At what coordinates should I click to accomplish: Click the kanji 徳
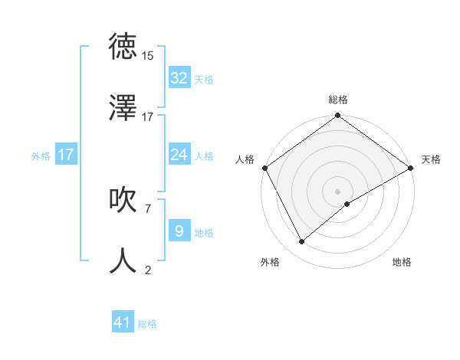(x=123, y=47)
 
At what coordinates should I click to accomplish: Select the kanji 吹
(x=123, y=200)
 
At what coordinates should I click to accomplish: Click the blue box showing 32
(x=179, y=78)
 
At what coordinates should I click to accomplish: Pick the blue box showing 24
(x=179, y=155)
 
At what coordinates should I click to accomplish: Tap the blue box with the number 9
(x=179, y=231)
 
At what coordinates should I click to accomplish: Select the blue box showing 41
(x=123, y=322)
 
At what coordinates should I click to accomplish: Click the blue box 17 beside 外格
(x=65, y=155)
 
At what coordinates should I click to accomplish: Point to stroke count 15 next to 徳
(x=148, y=56)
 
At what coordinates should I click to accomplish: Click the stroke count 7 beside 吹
(x=147, y=208)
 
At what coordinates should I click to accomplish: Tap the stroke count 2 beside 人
(x=147, y=269)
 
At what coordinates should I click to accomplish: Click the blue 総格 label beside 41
(x=147, y=324)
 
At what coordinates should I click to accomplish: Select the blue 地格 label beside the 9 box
(x=204, y=233)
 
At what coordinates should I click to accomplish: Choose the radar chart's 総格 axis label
(x=338, y=100)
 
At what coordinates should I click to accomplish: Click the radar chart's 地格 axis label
(x=402, y=262)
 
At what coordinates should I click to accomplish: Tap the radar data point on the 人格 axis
(x=264, y=168)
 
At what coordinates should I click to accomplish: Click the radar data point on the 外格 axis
(x=302, y=242)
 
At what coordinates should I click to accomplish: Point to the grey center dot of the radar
(x=338, y=191)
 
